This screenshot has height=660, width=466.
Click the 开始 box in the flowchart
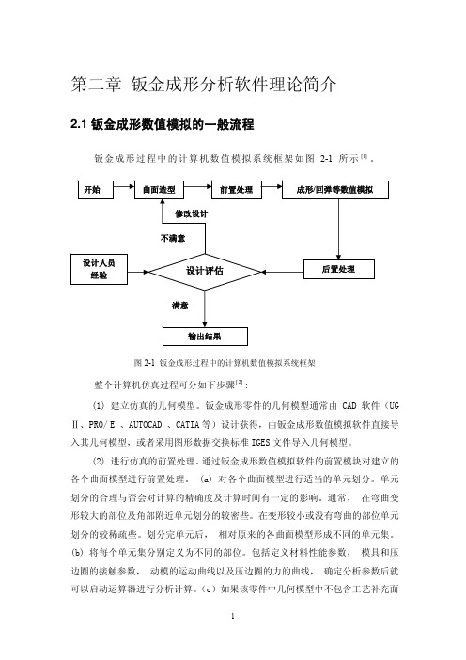tap(96, 190)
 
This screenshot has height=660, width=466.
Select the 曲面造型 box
tap(160, 190)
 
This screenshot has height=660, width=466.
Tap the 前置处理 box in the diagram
tap(237, 190)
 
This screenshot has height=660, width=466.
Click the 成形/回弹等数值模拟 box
tap(334, 190)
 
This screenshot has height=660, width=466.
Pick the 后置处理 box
tap(338, 270)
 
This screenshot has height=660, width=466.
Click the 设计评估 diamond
tap(205, 272)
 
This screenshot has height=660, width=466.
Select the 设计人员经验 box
tap(99, 270)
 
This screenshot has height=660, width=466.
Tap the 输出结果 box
tap(205, 337)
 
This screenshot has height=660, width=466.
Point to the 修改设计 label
tap(192, 213)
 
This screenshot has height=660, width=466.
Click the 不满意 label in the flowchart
tap(173, 238)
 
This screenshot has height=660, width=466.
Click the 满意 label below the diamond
tap(180, 306)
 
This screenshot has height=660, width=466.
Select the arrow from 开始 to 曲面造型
tap(124, 186)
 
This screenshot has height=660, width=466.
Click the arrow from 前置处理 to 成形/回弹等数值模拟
tap(272, 186)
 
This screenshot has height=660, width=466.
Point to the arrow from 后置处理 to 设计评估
tap(282, 272)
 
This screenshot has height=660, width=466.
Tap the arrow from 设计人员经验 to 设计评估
tap(138, 272)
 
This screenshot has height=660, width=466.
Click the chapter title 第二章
tap(97, 85)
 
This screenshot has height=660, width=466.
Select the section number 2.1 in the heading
tap(78, 125)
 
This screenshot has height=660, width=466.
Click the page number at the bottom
tap(233, 616)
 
